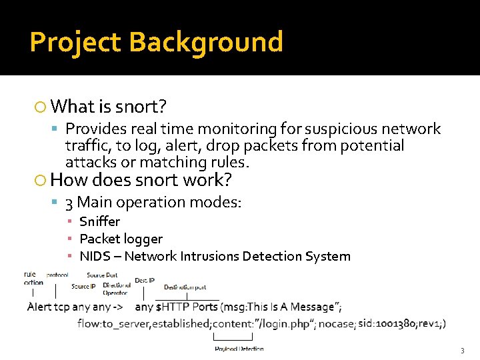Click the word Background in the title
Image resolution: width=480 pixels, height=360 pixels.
point(206,42)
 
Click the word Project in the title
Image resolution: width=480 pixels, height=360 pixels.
point(75,42)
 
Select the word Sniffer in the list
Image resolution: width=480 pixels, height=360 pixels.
point(99,221)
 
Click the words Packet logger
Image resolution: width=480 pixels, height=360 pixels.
point(121,239)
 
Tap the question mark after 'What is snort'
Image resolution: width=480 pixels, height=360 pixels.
point(163,106)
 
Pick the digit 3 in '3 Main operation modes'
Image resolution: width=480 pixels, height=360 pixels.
point(69,202)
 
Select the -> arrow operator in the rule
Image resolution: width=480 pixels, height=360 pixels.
point(118,307)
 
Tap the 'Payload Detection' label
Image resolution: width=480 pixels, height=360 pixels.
point(239,349)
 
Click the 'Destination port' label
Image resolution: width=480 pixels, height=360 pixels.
point(185,287)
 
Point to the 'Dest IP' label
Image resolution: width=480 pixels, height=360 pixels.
point(145,281)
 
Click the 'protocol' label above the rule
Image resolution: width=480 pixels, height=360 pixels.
point(57,275)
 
